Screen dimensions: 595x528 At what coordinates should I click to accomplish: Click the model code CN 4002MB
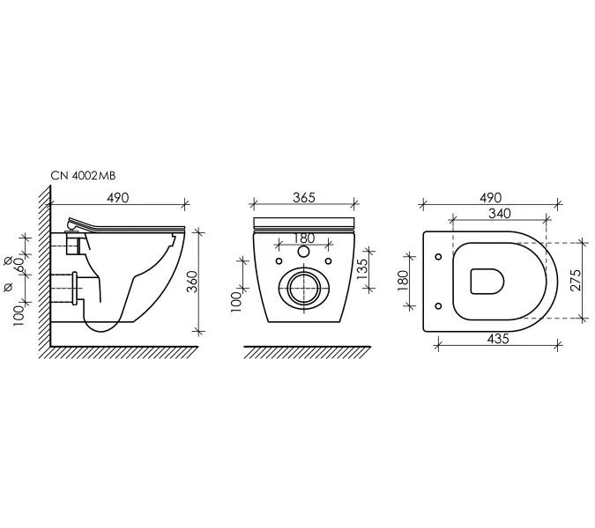(x=83, y=176)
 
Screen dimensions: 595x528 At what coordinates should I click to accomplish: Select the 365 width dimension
(x=304, y=197)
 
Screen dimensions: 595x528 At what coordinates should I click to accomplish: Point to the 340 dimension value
(x=500, y=214)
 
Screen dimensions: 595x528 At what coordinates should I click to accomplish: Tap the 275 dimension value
(x=576, y=280)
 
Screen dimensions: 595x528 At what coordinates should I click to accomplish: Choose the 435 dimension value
(x=498, y=339)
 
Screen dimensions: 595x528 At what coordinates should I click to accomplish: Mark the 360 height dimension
(x=194, y=282)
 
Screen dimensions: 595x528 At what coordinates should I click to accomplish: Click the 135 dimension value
(x=362, y=269)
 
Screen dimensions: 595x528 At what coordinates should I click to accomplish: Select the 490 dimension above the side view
(x=117, y=197)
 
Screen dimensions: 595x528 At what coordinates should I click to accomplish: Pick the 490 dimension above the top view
(x=490, y=197)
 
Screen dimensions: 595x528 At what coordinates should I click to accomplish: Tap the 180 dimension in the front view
(x=304, y=238)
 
